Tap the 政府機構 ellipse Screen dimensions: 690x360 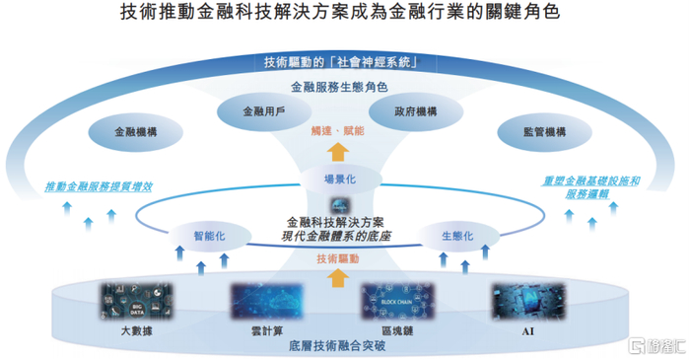tap(415, 112)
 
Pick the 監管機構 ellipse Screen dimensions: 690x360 tap(544, 131)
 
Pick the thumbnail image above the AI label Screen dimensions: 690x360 tap(526, 301)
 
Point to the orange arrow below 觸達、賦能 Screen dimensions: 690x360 tap(338, 151)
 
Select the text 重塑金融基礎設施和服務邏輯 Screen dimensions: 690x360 tap(591, 187)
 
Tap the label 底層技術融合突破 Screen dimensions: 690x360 tap(338, 347)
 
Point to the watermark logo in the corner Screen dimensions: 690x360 tap(656, 344)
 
